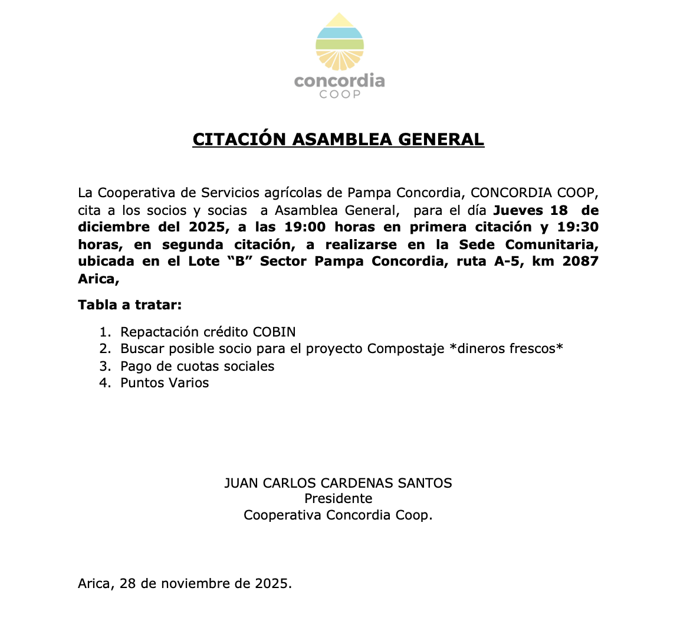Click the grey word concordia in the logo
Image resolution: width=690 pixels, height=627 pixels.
339,80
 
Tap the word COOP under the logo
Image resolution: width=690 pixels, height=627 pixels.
340,94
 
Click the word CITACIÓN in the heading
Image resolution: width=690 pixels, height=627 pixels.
239,139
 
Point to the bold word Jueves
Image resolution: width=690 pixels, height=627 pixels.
520,210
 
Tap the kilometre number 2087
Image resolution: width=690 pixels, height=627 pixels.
580,261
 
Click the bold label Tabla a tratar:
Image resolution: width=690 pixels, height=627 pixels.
130,305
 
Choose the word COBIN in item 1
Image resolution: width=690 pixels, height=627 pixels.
274,332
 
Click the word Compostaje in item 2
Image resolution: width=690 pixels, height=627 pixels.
406,348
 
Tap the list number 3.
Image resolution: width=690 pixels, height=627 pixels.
104,366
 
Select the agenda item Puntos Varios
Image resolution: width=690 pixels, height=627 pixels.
165,383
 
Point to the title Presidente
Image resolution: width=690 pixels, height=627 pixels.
339,499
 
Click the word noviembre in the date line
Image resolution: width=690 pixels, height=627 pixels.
193,584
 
